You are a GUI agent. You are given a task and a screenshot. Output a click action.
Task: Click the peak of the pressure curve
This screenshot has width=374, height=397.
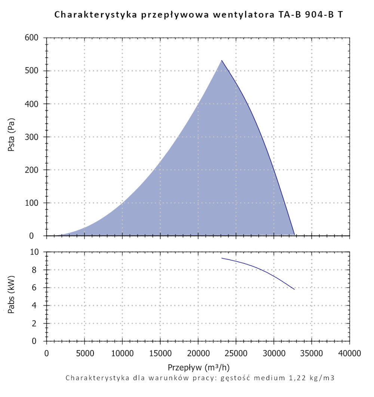pos(221,60)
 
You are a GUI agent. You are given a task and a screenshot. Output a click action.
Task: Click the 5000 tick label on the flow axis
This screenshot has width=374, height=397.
pos(84,353)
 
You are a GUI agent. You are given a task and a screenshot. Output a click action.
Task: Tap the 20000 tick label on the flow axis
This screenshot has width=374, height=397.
pos(198,353)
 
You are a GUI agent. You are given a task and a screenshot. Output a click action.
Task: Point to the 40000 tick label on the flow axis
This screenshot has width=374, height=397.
pos(350,353)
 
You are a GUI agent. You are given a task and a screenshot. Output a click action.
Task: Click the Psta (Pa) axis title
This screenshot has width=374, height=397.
pos(12,137)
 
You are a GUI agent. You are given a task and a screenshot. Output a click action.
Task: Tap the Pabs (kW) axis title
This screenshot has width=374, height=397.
pos(12,296)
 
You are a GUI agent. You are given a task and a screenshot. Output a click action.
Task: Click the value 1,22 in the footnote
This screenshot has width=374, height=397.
pos(292,378)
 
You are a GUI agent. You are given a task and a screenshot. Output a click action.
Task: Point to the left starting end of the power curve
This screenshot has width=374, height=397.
pos(222,258)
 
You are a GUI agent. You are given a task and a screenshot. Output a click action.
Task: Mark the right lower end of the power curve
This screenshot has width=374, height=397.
pos(294,289)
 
